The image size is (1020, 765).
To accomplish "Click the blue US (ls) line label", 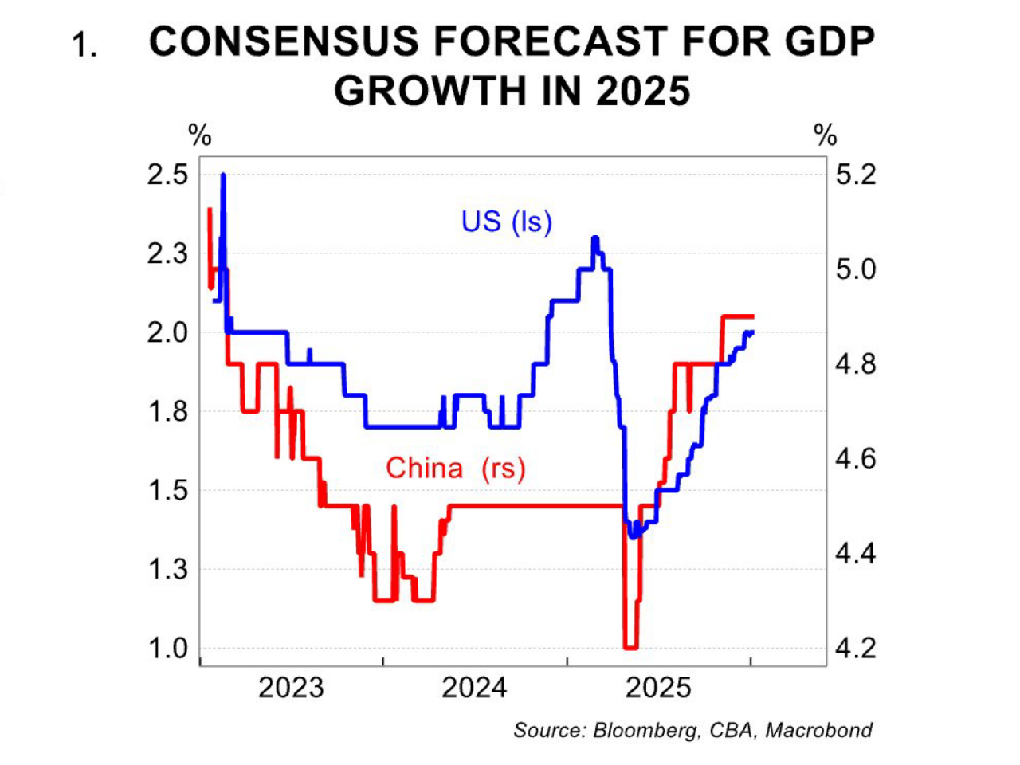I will click(507, 222).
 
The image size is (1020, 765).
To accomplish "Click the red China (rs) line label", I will click(456, 468).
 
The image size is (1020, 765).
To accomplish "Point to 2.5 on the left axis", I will click(168, 175).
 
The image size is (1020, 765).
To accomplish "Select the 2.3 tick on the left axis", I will click(168, 253).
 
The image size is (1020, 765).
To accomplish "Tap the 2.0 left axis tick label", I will click(168, 332).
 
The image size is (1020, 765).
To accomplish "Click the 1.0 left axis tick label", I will click(168, 649).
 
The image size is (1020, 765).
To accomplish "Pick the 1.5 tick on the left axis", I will click(168, 491).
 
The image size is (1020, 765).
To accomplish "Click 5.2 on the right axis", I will click(855, 175).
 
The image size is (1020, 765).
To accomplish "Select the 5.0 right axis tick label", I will click(855, 269).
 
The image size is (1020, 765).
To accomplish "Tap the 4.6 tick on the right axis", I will click(855, 459).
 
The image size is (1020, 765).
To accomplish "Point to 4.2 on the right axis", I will click(855, 649).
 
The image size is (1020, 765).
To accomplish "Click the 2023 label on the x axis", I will click(291, 688).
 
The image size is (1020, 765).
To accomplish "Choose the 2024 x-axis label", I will click(474, 688).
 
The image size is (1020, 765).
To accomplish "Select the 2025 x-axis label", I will click(658, 688).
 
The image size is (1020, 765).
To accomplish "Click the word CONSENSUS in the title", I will click(284, 42).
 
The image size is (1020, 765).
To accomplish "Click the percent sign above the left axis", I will click(199, 135).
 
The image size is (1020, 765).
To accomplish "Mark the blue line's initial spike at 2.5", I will click(223, 175).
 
